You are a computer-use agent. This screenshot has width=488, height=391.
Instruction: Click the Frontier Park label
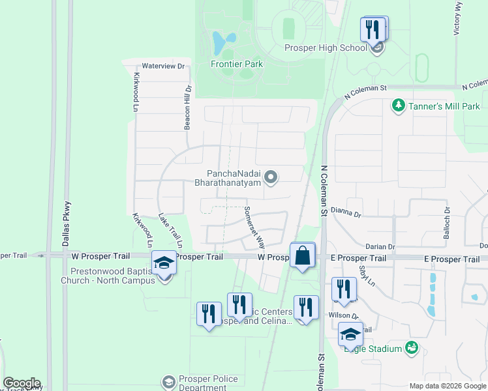237,64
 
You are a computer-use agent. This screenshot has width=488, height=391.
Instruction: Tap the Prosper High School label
326,48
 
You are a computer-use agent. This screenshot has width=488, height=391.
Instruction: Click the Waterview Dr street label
164,66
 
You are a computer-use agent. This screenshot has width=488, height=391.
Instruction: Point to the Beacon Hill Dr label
187,107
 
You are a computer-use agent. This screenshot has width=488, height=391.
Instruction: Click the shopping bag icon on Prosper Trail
303,255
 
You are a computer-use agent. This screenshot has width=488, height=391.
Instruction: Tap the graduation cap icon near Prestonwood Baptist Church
163,263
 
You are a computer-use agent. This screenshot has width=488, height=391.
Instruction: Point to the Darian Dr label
380,247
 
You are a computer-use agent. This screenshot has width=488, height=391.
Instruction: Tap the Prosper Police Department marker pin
168,381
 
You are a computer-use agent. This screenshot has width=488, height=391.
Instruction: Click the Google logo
22,383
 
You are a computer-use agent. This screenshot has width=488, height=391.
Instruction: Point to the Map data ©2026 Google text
448,386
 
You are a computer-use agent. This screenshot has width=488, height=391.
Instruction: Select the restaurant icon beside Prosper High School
374,30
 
